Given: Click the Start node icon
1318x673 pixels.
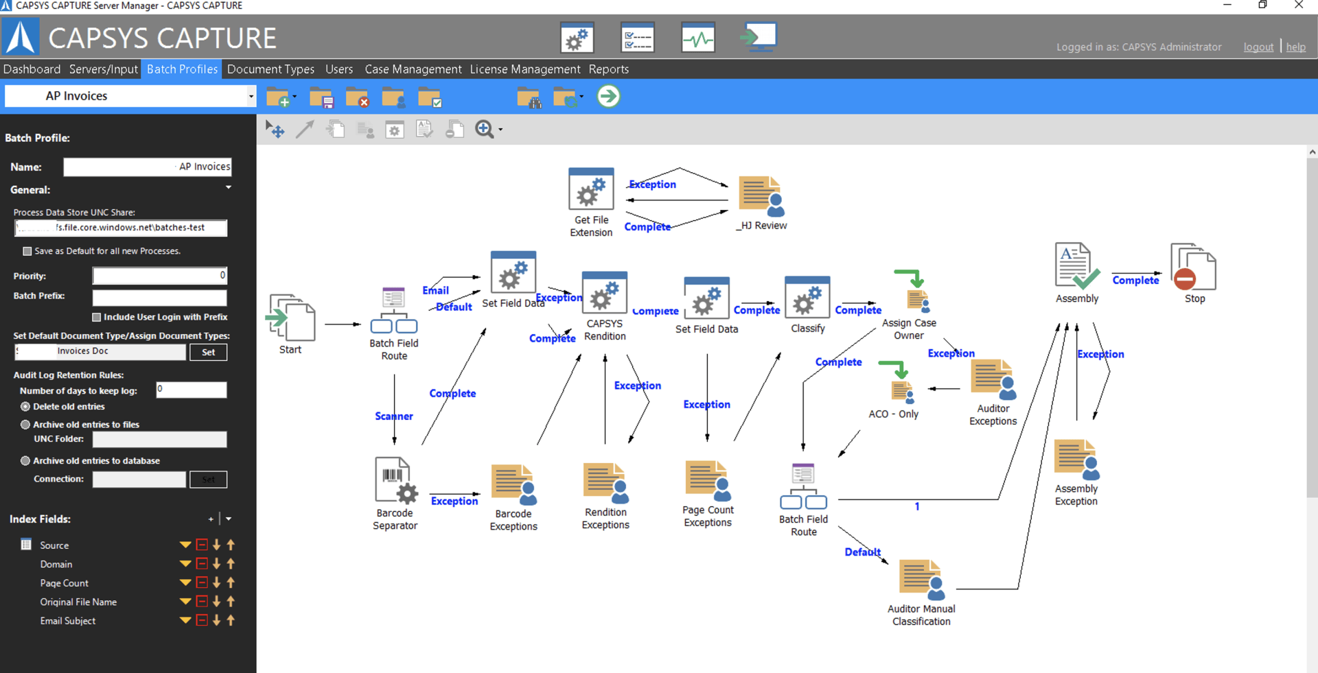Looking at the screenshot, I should (x=291, y=318).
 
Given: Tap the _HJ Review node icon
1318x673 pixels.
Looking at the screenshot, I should (x=761, y=197).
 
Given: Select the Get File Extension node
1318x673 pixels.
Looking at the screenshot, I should (x=591, y=189).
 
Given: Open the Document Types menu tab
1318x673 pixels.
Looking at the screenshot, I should (x=270, y=69).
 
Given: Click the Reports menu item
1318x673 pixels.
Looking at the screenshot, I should (x=608, y=69).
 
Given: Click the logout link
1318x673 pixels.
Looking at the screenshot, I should (x=1258, y=47).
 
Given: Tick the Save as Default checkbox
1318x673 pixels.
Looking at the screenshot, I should (x=27, y=251).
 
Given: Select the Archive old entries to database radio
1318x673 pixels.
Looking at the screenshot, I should (x=25, y=461).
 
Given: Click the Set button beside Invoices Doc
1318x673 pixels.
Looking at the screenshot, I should (x=208, y=352).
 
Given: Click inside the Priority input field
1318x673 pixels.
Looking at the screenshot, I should (x=159, y=276).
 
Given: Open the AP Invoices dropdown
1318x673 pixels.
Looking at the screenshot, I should (x=251, y=96).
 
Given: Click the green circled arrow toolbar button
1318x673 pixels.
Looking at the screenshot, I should (x=608, y=97).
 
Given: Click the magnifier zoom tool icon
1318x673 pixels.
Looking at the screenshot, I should (x=484, y=129).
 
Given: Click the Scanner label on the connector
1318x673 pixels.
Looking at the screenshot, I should (x=393, y=416).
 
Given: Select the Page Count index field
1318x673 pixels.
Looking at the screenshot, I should (x=65, y=583).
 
